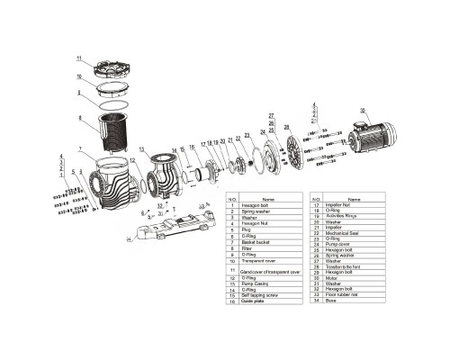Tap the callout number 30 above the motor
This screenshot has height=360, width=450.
(x=364, y=110)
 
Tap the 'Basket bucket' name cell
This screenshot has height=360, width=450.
(x=256, y=242)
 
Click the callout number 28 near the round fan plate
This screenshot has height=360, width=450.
(x=286, y=128)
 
